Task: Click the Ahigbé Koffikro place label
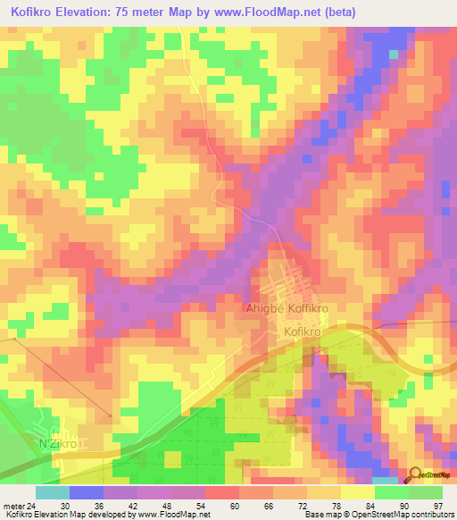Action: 287,308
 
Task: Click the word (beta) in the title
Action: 370,10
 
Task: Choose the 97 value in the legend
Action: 437,506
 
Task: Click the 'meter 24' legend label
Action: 20,506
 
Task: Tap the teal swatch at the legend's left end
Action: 53,492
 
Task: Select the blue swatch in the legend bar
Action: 87,492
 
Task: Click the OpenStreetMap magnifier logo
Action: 414,474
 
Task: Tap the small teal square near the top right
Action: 394,54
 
